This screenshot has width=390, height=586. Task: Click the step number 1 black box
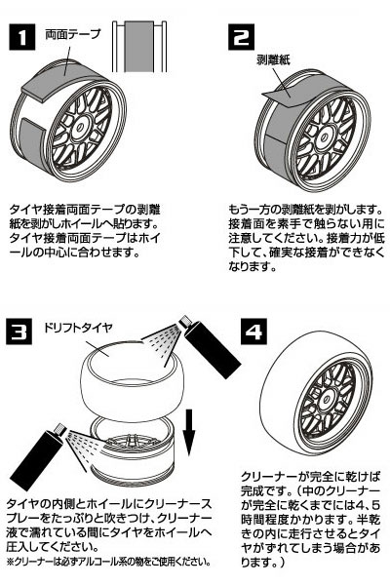pos(22,37)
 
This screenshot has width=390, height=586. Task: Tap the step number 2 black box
pos(242,37)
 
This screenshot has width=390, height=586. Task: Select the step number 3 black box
pos(19,331)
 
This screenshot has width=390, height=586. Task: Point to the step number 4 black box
pos(253,332)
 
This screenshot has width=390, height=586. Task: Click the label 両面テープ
pos(73,34)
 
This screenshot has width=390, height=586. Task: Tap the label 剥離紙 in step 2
pos(273,59)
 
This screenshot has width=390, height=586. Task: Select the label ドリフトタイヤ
pos(77,328)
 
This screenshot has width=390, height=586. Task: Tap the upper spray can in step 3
pos(210,346)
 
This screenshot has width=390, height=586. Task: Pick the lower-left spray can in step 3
pos(38,457)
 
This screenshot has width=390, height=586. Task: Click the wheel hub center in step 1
pos(81,127)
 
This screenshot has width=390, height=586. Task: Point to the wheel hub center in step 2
pos(323,136)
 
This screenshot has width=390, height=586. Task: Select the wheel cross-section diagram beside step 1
pos(139,47)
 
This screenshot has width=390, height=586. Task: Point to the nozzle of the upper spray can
pos(185,322)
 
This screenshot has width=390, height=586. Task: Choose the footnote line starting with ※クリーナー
pos(108,562)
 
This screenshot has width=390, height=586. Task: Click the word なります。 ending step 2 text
pos(253,267)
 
